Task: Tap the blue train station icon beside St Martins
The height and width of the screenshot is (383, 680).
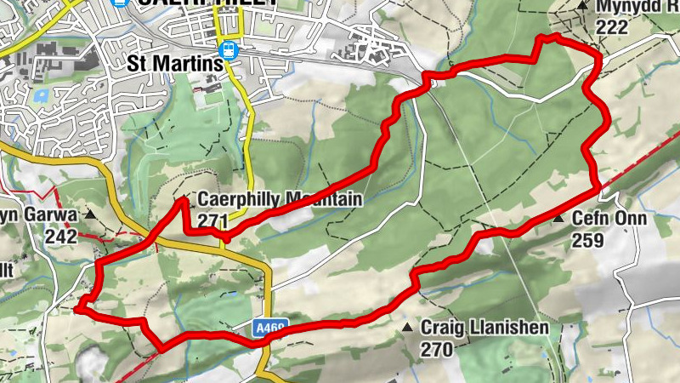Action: tap(229, 49)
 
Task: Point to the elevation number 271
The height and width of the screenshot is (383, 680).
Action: tap(212, 220)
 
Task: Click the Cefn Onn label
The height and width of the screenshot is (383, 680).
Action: tap(609, 219)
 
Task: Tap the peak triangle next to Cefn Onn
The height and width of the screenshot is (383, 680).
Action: tap(558, 220)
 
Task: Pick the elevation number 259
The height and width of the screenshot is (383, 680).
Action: tap(587, 240)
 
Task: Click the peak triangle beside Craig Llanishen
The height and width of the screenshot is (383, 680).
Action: tap(407, 328)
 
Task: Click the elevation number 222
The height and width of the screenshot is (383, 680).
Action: tap(612, 27)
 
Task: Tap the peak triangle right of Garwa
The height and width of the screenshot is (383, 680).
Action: tap(90, 216)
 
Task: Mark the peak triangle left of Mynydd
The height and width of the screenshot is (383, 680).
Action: tap(582, 6)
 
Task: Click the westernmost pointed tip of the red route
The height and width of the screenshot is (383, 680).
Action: tap(76, 310)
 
